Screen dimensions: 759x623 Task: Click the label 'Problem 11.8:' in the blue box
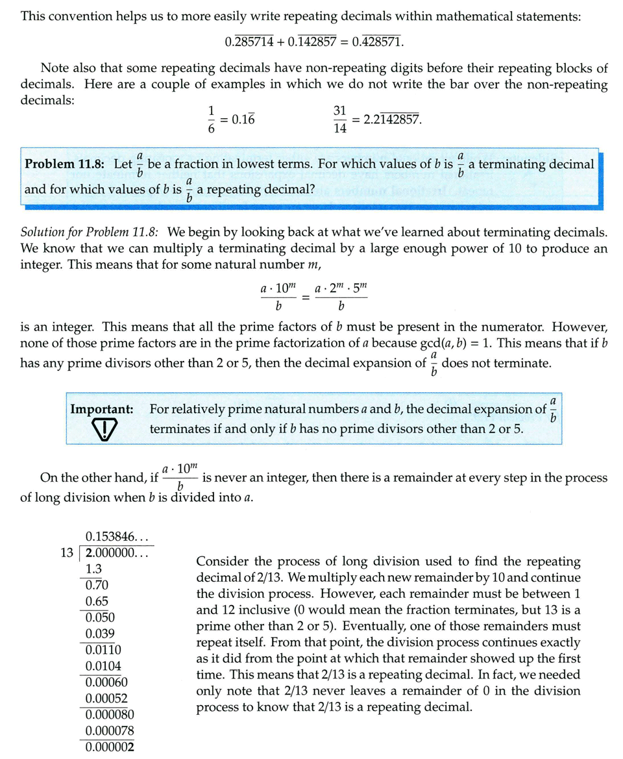click(63, 164)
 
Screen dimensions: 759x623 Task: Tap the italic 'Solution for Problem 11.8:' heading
click(88, 232)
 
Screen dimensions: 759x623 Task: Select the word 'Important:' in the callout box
click(102, 409)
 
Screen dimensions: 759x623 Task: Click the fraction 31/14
click(340, 119)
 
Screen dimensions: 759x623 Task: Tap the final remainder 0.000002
click(110, 747)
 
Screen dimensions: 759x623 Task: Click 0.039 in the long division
click(100, 633)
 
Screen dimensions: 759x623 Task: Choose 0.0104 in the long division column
click(103, 666)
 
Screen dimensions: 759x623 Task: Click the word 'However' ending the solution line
click(581, 326)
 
